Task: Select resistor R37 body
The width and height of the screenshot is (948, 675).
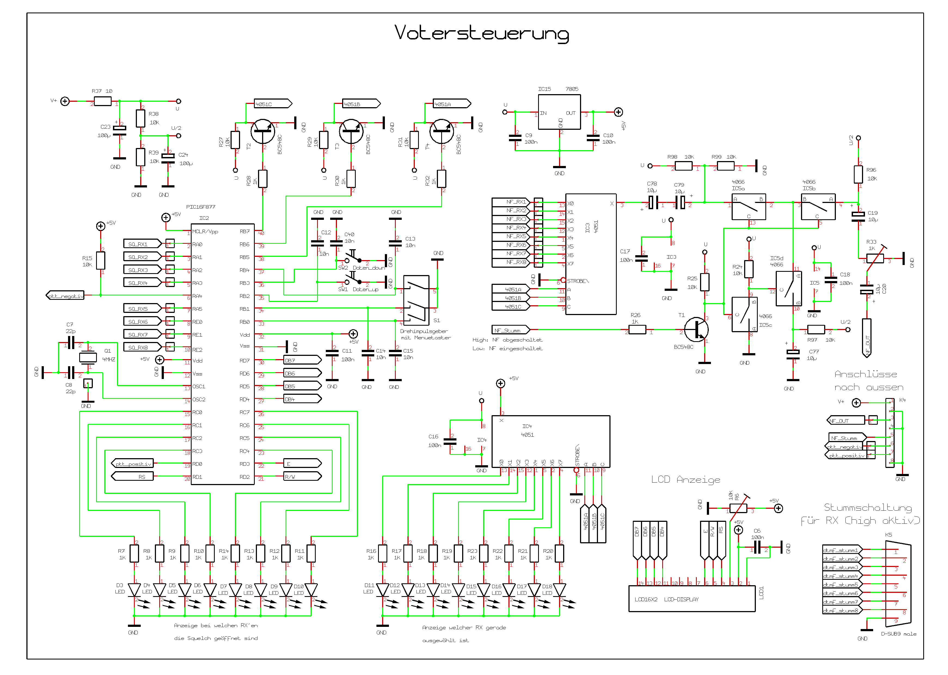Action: point(102,101)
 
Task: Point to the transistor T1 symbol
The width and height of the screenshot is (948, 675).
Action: point(696,329)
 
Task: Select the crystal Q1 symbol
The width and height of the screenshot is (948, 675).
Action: point(88,357)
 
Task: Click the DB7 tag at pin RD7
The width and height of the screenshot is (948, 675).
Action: point(302,360)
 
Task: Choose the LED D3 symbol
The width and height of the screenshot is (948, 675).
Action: point(134,589)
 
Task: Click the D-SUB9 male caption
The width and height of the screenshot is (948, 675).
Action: point(898,634)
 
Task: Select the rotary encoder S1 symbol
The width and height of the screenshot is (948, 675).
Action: point(416,300)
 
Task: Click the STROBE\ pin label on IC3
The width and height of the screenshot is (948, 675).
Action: point(578,281)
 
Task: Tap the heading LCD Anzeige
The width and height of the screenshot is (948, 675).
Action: point(685,480)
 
